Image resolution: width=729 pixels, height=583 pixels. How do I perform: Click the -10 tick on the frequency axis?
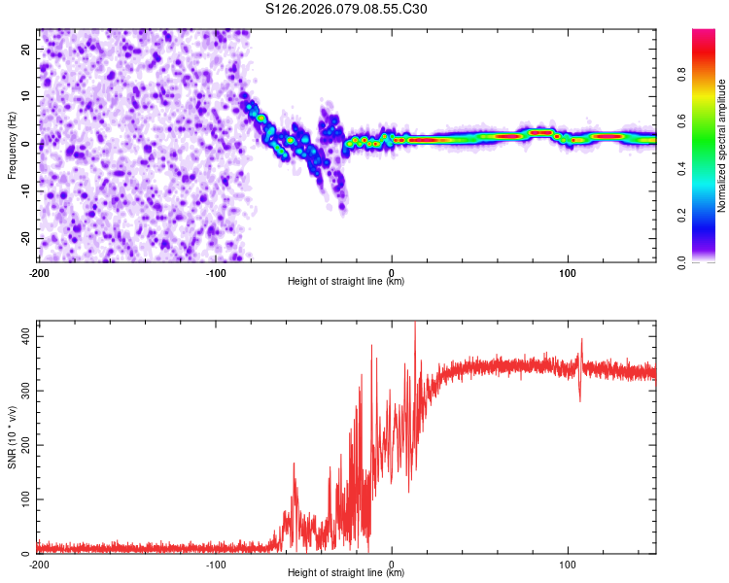click(x=26, y=191)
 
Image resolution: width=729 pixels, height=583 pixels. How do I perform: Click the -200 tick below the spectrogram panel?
click(x=39, y=272)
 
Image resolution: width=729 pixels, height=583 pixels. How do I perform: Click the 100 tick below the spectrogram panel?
click(x=568, y=272)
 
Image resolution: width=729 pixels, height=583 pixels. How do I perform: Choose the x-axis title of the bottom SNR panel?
click(x=347, y=574)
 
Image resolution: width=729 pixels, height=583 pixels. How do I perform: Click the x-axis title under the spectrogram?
click(x=347, y=282)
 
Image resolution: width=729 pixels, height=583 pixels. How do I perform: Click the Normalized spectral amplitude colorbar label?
click(x=722, y=146)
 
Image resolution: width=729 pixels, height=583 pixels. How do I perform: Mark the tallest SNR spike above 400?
click(x=415, y=324)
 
